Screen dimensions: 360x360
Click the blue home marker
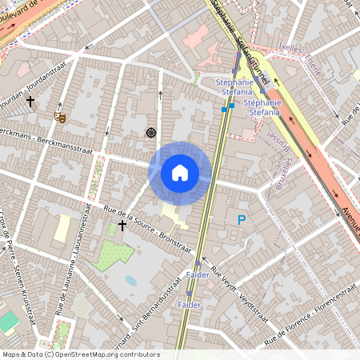pyautogui.click(x=180, y=173)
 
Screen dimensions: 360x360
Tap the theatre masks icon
pyautogui.click(x=58, y=117)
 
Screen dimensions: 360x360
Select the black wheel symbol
pyautogui.click(x=150, y=132)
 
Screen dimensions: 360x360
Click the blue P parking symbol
pyautogui.click(x=240, y=220)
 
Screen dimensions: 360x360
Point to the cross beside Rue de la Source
pyautogui.click(x=122, y=226)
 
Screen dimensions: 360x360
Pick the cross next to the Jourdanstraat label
pyautogui.click(x=30, y=102)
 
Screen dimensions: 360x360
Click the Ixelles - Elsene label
pyautogui.click(x=308, y=58)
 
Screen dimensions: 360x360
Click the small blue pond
pyautogui.click(x=130, y=281)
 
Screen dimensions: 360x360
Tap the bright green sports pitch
pyautogui.click(x=8, y=322)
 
